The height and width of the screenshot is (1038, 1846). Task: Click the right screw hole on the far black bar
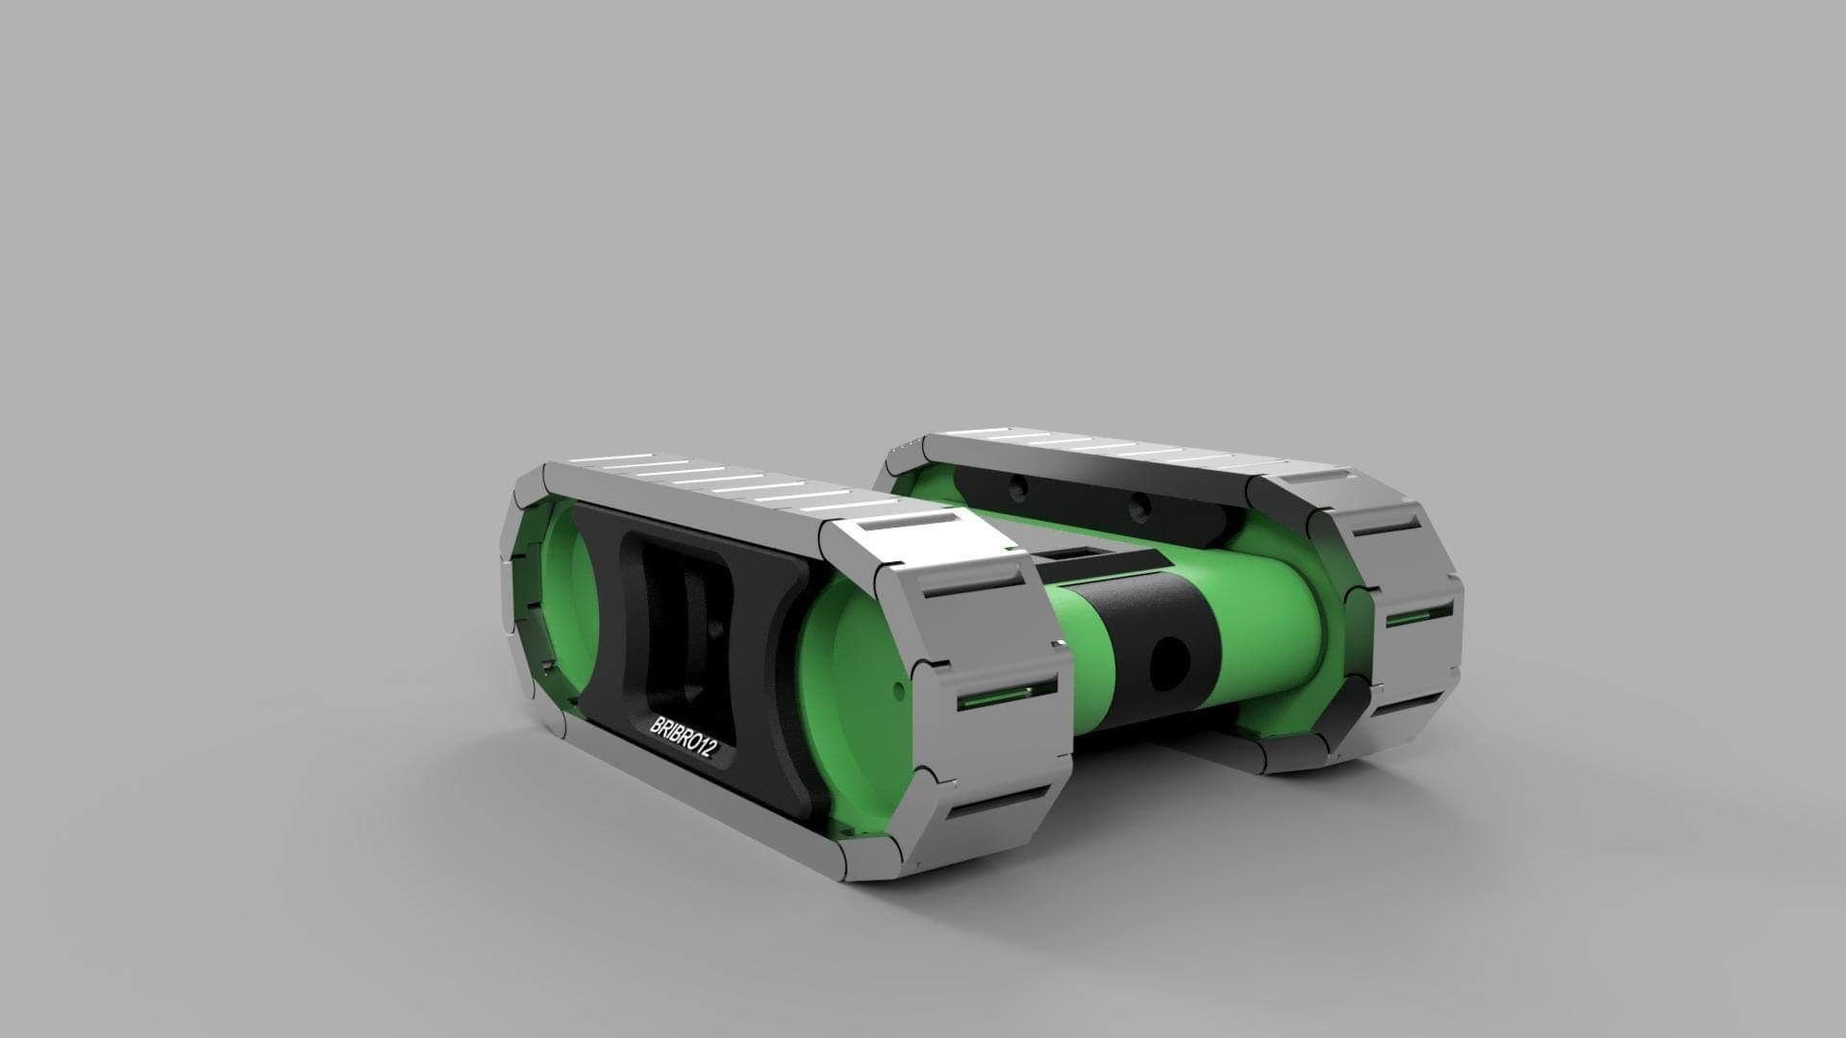coord(1139,504)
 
